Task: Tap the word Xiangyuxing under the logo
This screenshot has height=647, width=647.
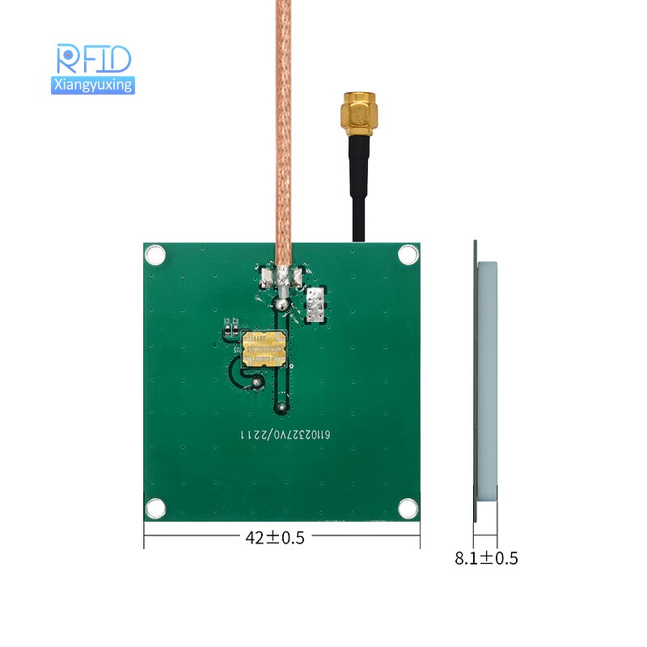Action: tap(92, 84)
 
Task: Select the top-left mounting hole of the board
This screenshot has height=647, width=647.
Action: tap(155, 255)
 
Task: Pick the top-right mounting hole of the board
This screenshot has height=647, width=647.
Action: tap(409, 255)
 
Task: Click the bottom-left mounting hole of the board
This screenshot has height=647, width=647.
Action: tap(155, 508)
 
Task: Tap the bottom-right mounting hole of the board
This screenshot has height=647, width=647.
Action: tap(409, 508)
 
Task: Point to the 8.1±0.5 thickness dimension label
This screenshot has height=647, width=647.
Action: tap(486, 558)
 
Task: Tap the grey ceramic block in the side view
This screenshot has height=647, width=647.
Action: tap(487, 380)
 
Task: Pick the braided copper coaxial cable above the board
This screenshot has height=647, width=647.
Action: tap(283, 121)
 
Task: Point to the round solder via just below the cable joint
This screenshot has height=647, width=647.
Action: tap(282, 305)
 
